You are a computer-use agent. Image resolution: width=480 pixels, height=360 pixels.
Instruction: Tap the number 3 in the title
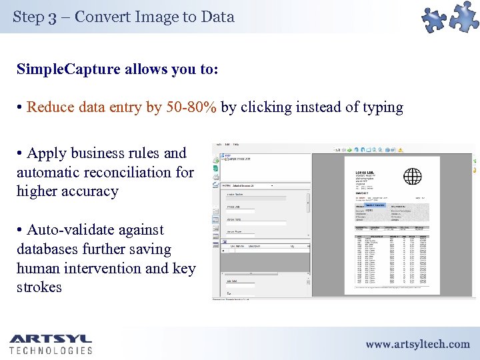(x=52, y=17)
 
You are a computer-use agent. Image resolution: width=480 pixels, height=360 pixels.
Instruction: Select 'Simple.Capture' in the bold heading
(x=68, y=69)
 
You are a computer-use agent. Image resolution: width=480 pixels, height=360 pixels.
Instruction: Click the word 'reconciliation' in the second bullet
(x=125, y=173)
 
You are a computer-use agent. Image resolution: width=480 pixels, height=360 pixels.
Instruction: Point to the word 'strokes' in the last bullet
(x=39, y=288)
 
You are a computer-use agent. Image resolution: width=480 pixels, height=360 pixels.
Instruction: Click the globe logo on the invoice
(x=413, y=177)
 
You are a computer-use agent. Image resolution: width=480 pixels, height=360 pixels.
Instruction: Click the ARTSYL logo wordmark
(x=50, y=339)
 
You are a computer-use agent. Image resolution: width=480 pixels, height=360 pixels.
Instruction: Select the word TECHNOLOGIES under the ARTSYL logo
(x=51, y=350)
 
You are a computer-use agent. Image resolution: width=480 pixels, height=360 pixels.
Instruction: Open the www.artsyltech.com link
(x=417, y=344)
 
